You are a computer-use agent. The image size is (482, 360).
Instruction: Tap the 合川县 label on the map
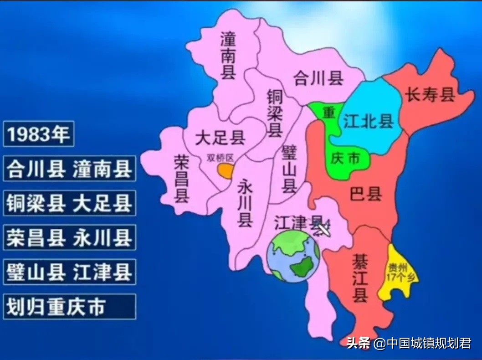tap(318, 78)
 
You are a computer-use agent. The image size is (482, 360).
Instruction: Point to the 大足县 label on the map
tap(220, 137)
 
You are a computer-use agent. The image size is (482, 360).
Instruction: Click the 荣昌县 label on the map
tap(182, 178)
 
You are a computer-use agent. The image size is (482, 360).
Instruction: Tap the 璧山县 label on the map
tap(289, 169)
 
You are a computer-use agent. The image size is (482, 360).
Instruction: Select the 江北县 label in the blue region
tap(368, 121)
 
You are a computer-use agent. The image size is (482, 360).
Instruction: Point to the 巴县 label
tap(365, 194)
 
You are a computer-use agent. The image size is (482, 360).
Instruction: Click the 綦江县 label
tap(360, 277)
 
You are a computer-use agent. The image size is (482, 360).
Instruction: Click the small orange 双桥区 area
tap(225, 170)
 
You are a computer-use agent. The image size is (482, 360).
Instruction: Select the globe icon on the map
tap(293, 256)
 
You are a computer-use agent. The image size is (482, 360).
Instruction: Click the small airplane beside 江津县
tap(323, 228)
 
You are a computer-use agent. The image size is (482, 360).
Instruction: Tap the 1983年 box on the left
tap(39, 134)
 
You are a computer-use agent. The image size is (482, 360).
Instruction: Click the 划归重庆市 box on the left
tap(69, 307)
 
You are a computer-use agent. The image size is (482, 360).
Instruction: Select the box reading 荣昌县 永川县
tap(69, 237)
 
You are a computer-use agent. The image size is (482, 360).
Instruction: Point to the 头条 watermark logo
tap(358, 343)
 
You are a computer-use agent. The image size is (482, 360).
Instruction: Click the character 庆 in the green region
tap(338, 158)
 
